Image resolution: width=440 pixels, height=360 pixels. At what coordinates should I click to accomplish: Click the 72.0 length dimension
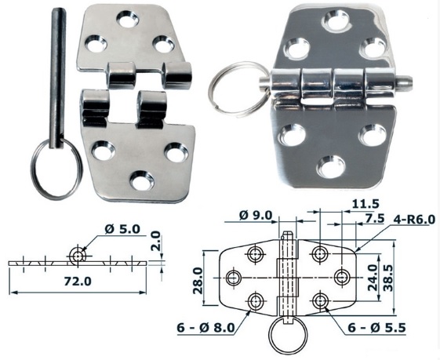[78, 281]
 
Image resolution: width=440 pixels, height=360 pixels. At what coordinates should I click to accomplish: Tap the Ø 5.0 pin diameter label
[122, 229]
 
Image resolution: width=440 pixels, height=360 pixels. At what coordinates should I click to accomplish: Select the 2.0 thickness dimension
[155, 241]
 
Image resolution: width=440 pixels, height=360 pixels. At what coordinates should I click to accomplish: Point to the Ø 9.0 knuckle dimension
[256, 216]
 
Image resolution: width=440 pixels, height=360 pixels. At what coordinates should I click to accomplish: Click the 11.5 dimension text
[365, 204]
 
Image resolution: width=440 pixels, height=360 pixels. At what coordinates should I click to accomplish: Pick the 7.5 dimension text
[374, 218]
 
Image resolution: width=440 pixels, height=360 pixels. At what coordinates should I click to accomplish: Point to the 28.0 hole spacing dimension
[198, 280]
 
